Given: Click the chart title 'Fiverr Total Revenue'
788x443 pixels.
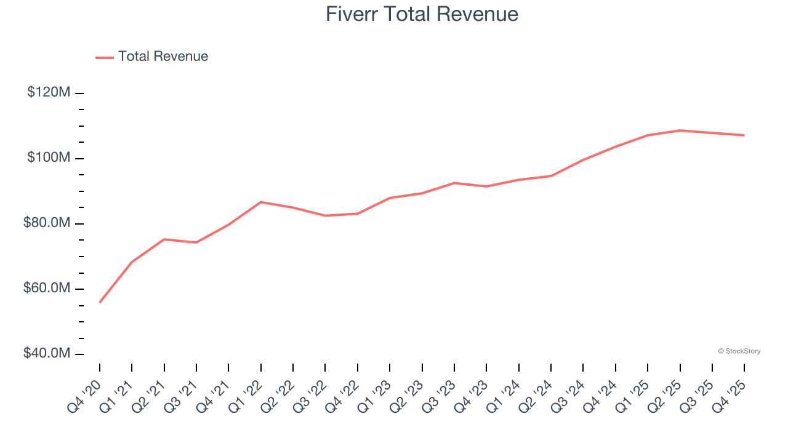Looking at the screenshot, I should coord(422,14).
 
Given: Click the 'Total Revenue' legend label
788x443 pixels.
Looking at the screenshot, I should coord(163,57).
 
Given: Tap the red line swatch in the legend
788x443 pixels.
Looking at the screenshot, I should coord(105,57).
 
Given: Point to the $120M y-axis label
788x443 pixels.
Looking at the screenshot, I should coord(49,92).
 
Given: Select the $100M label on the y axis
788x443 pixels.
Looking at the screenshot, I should coord(49,158).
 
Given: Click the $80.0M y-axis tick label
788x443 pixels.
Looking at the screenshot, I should coord(47,223).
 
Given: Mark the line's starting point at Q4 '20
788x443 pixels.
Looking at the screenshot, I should coord(100,302).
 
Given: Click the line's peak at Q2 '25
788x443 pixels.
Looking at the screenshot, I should coord(680,130).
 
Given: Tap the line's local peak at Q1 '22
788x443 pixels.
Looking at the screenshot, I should coord(261,202).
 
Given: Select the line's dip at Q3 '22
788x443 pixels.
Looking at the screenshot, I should coord(325,215).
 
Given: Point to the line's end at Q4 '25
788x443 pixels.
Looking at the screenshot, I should coord(744,135).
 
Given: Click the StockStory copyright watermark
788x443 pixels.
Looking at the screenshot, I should coord(739,351).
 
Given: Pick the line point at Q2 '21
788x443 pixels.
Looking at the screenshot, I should coord(164,239).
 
